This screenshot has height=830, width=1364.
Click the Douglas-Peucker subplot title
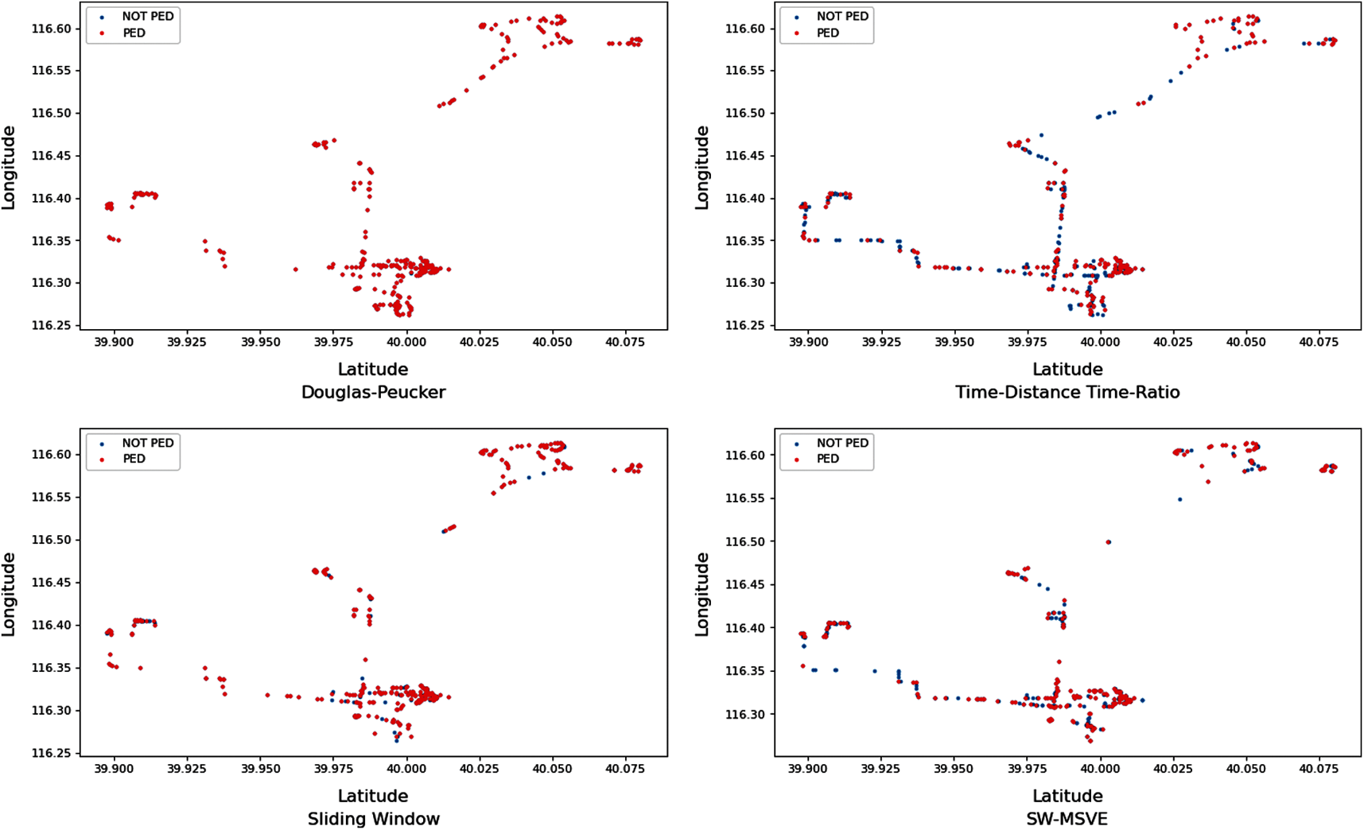(x=373, y=393)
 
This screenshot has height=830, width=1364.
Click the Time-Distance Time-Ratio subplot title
(x=1067, y=393)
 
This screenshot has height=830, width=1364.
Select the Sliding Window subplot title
(x=373, y=819)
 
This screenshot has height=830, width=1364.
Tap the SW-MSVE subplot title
(x=1067, y=819)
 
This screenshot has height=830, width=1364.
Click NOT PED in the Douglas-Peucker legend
(x=147, y=17)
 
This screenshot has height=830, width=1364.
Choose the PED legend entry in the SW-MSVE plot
(x=827, y=460)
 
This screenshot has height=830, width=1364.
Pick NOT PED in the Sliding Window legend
(x=147, y=443)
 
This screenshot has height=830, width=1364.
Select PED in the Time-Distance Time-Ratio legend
(x=827, y=33)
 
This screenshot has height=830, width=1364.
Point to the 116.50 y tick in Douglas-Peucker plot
(x=52, y=113)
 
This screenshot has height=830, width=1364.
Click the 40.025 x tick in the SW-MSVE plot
(x=1173, y=769)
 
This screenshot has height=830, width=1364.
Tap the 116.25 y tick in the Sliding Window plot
(x=52, y=753)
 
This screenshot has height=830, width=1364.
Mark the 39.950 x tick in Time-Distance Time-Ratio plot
(x=954, y=342)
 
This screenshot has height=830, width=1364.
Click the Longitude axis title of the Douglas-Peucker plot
(x=9, y=167)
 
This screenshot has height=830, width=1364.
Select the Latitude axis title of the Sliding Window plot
(x=373, y=796)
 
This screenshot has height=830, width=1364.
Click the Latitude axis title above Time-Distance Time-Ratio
(x=1067, y=370)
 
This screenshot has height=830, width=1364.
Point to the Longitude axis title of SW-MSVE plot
(x=702, y=594)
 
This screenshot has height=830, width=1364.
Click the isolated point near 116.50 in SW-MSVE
(x=1109, y=542)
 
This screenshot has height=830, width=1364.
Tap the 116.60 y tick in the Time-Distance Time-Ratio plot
(x=747, y=29)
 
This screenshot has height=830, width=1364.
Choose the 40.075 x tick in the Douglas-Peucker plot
(x=624, y=342)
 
